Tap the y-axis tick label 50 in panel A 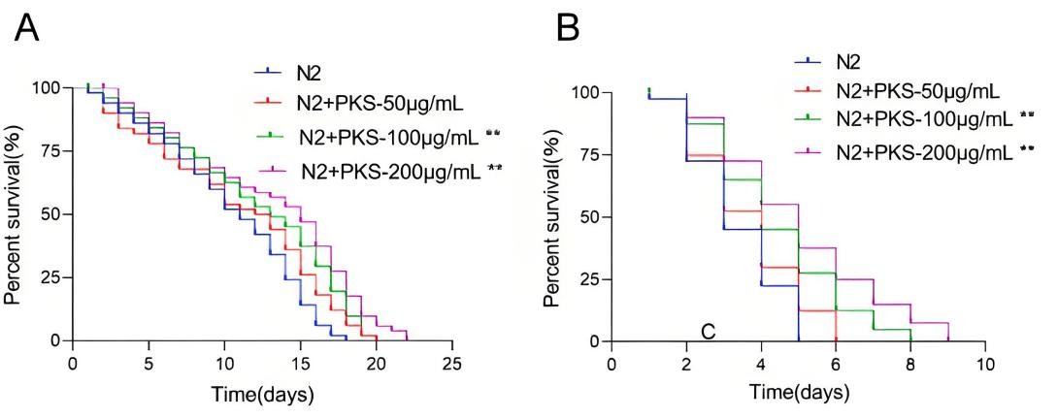coord(50,213)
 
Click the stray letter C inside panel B coord(708,331)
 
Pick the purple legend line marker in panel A coord(273,169)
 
